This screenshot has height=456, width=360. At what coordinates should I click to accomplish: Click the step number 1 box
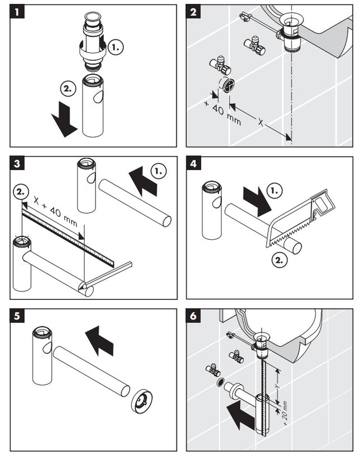click(17, 12)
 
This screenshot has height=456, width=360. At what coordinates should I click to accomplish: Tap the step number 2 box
click(194, 12)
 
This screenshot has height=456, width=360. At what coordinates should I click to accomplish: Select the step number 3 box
click(17, 164)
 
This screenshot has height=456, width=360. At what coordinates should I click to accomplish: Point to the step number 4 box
click(194, 164)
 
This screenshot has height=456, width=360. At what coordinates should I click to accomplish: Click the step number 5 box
click(17, 316)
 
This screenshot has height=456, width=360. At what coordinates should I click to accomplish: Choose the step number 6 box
click(194, 316)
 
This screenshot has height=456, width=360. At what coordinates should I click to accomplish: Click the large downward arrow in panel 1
click(64, 119)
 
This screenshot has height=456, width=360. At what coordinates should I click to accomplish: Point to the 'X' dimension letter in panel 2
click(261, 120)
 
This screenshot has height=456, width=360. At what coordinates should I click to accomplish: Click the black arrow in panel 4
click(257, 201)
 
